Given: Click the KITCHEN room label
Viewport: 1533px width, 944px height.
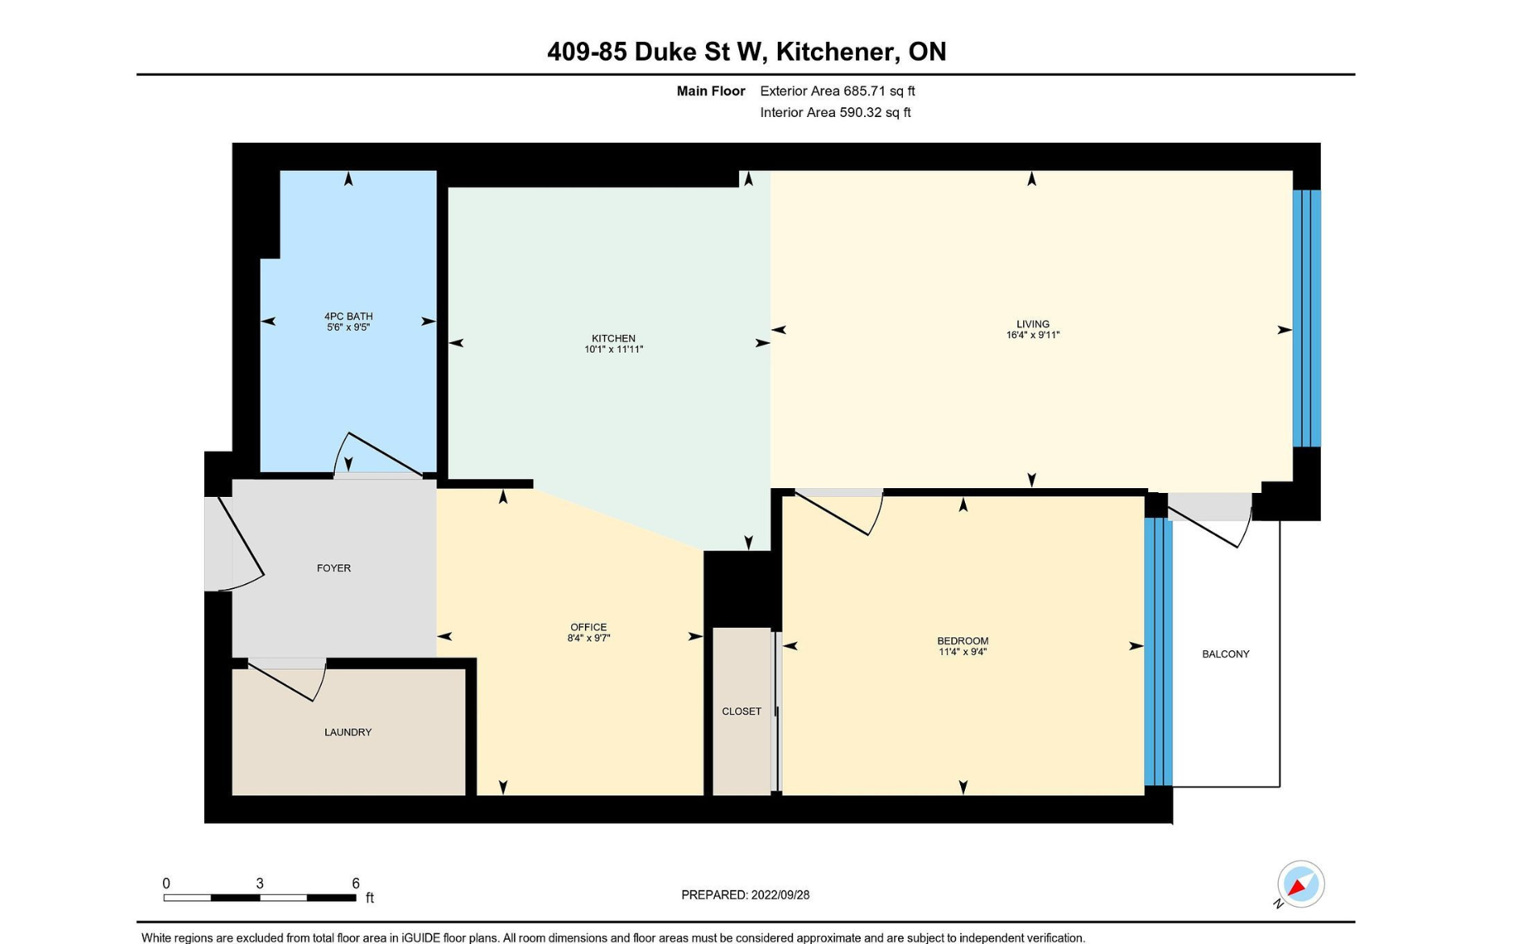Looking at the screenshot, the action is [613, 338].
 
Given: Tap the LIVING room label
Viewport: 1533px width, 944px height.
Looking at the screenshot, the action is [1033, 324].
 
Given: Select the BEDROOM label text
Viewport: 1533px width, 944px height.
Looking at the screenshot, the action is [963, 641].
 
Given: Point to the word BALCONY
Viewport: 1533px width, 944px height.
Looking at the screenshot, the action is [1226, 654].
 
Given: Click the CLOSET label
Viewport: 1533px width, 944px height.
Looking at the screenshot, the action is [741, 711].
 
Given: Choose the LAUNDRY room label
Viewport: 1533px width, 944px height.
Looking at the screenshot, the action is [348, 732].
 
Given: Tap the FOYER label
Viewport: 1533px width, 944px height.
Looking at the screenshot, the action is [333, 568].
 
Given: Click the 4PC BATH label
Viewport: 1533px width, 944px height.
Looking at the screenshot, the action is [349, 316].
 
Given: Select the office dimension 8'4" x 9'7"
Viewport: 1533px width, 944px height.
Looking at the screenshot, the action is [588, 637].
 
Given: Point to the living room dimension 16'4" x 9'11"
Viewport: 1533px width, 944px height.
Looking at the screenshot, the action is [1033, 335].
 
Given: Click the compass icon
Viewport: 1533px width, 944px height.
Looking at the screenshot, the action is [1300, 884].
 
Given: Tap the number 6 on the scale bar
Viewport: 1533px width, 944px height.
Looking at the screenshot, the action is [355, 883].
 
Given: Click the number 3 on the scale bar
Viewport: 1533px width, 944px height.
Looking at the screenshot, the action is [260, 883].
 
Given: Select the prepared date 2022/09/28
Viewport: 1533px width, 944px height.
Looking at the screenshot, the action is [779, 895].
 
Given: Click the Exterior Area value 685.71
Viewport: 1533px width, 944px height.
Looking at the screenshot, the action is [863, 91].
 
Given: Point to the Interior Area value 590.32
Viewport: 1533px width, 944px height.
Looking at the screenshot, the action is [860, 112].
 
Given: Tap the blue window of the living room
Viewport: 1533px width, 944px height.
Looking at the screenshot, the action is [1307, 318].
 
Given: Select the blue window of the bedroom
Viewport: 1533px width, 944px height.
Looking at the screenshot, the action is [1158, 652].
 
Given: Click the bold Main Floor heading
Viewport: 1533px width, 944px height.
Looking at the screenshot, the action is [711, 91].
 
